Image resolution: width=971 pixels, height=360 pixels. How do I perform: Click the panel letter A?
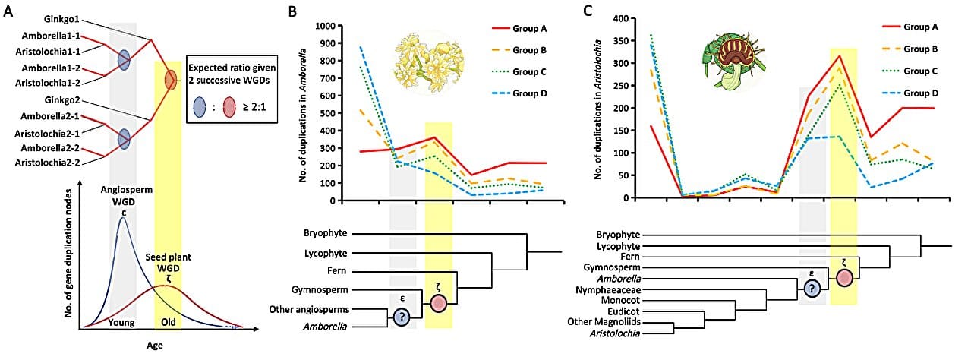click(x=8, y=11)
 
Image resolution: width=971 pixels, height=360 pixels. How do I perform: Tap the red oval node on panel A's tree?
click(x=171, y=77)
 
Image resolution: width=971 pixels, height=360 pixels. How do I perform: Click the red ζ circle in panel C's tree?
click(x=844, y=277)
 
